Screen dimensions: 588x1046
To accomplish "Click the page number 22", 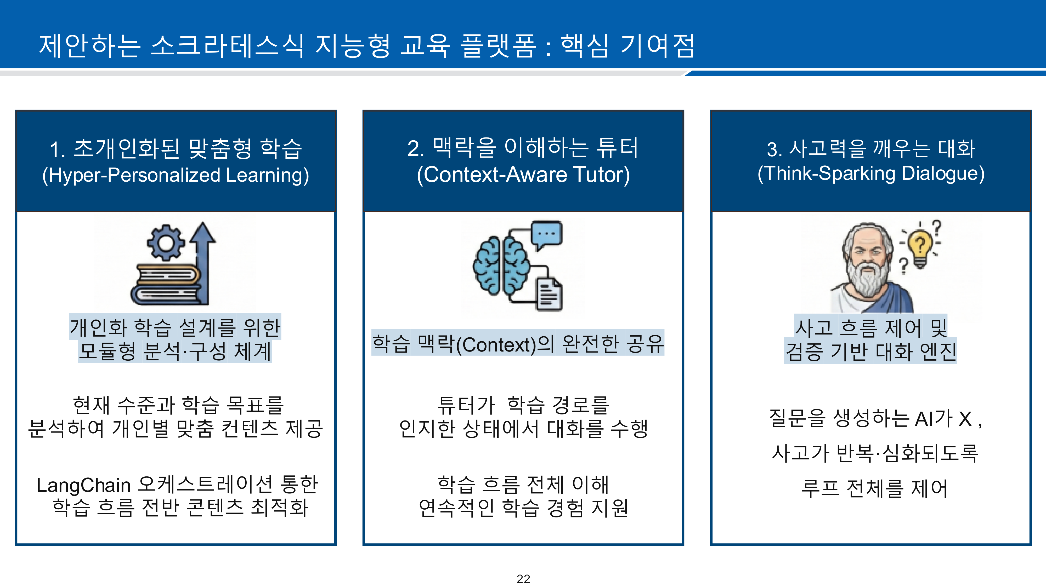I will click(x=523, y=578).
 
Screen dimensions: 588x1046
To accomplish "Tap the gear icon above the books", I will click(x=166, y=243).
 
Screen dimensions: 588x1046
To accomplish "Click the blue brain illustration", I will click(x=501, y=266).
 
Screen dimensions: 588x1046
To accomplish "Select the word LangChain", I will click(x=83, y=485).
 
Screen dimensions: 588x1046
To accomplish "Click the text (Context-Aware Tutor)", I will click(x=523, y=175).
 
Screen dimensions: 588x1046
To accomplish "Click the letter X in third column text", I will click(x=965, y=419).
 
